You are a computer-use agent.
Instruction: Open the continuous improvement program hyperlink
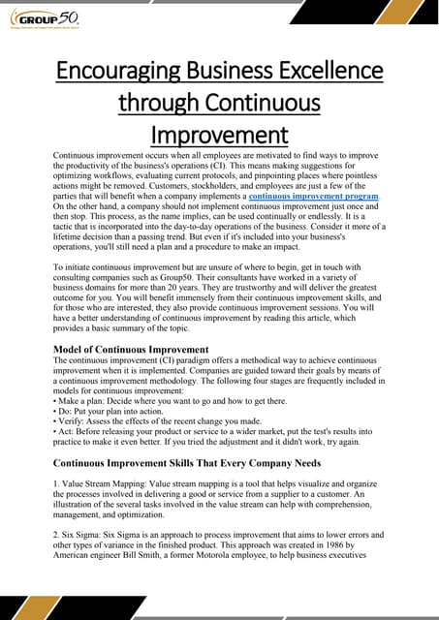coord(306,197)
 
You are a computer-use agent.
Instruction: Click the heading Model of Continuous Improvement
coord(131,349)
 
